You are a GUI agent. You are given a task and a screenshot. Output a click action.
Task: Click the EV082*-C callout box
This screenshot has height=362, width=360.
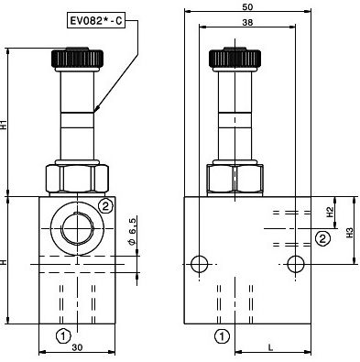click(96, 21)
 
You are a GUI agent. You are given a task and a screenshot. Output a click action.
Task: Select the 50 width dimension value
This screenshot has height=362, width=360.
click(247, 6)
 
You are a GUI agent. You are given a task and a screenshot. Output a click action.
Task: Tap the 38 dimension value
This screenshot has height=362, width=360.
click(247, 22)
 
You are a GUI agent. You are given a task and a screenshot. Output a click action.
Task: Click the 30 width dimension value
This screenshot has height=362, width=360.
click(78, 347)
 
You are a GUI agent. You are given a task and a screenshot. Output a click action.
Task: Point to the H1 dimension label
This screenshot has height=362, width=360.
click(4, 125)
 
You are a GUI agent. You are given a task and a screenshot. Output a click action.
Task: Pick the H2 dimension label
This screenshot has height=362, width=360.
click(330, 212)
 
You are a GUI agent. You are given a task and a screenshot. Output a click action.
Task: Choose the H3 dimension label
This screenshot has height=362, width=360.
click(350, 233)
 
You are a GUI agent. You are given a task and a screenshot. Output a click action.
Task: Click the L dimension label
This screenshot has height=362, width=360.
click(270, 347)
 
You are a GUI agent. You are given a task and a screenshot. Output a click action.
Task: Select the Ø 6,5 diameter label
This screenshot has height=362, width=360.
click(132, 231)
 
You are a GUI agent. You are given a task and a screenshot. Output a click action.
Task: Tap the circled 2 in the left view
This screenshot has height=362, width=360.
click(105, 207)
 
